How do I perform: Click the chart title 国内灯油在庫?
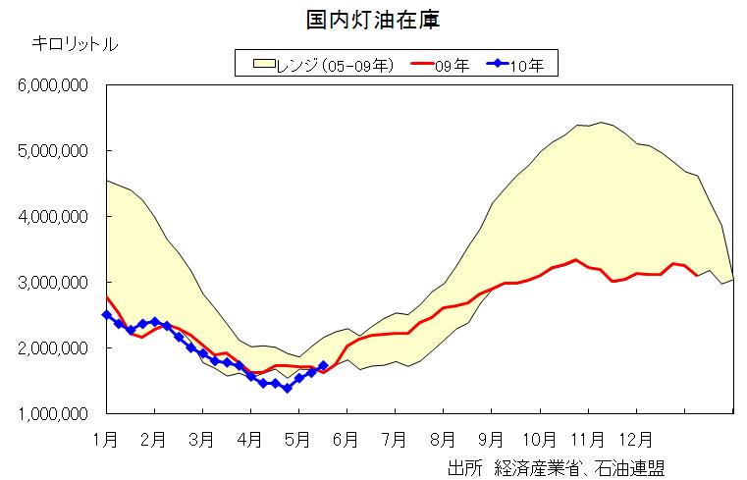click(x=372, y=18)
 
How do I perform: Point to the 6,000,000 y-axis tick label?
click(x=54, y=85)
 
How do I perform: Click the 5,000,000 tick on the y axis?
click(x=54, y=151)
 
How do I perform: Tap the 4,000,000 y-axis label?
click(x=54, y=217)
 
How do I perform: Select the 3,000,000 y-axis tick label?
click(x=54, y=283)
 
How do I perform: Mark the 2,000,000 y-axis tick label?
click(x=54, y=348)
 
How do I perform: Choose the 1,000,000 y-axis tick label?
click(x=54, y=414)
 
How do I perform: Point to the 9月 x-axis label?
click(x=492, y=439)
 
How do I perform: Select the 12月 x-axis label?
click(x=641, y=439)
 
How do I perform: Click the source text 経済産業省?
click(x=532, y=466)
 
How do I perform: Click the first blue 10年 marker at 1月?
click(x=106, y=315)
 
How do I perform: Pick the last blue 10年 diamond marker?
click(x=323, y=365)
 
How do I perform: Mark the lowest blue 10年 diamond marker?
click(x=287, y=389)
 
